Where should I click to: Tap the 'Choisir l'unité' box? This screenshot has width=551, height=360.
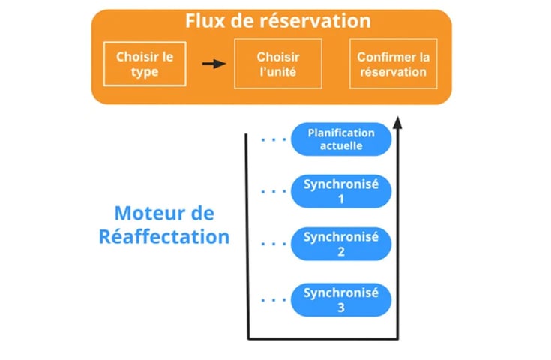pyautogui.click(x=278, y=64)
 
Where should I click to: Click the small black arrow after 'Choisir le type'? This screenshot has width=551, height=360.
pyautogui.click(x=214, y=64)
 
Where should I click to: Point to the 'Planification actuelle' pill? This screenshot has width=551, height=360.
pyautogui.click(x=341, y=139)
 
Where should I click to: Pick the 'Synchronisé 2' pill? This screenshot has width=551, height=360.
pyautogui.click(x=341, y=244)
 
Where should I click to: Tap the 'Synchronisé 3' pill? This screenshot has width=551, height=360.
pyautogui.click(x=341, y=298)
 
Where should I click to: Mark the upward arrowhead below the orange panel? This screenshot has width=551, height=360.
pyautogui.click(x=397, y=123)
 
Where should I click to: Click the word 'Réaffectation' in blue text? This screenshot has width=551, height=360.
pyautogui.click(x=164, y=236)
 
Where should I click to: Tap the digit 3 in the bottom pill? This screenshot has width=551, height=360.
pyautogui.click(x=341, y=306)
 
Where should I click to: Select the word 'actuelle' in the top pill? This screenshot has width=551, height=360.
pyautogui.click(x=341, y=146)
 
